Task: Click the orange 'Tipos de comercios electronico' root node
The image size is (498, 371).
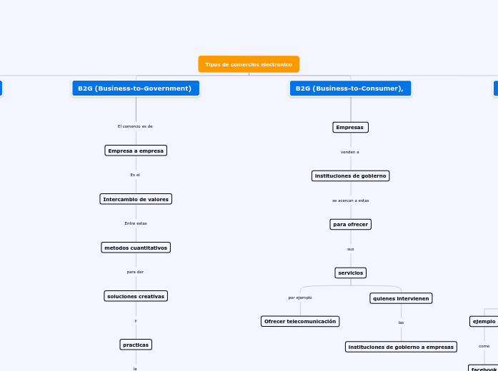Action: [x=249, y=64]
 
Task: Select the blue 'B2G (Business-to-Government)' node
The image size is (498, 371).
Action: [x=135, y=88]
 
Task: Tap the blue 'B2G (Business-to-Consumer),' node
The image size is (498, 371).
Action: [x=350, y=88]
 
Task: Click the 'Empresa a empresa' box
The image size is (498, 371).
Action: [x=136, y=151]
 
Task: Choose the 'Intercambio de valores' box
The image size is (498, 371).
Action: [x=136, y=199]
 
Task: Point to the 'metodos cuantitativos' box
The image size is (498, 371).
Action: [x=136, y=248]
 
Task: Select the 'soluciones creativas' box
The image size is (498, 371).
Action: [x=136, y=296]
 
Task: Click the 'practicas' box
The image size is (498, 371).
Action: [x=136, y=345]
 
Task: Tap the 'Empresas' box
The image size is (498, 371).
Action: [x=350, y=128]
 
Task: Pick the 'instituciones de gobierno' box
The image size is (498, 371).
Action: [x=351, y=176]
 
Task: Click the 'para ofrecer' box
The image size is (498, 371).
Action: [x=351, y=224]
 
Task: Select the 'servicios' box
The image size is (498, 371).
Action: [x=351, y=273]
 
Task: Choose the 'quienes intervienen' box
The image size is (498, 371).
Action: [x=401, y=298]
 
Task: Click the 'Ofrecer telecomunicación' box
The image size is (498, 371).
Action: [x=300, y=321]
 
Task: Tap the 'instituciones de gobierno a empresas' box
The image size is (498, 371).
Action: [x=401, y=347]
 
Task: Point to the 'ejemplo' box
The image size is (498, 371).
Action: [x=484, y=321]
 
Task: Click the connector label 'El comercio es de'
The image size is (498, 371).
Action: [x=135, y=126]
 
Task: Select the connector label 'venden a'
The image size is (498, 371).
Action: [x=350, y=152]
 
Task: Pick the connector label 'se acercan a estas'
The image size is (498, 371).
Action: [x=351, y=200]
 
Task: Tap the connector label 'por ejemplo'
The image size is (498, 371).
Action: [x=300, y=298]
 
